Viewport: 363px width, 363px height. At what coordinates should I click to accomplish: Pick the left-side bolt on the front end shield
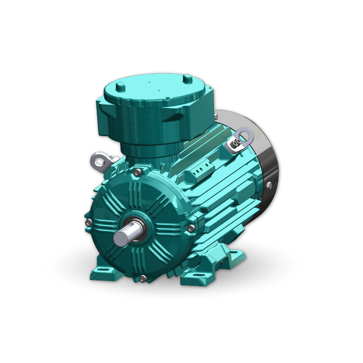(88, 222)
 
